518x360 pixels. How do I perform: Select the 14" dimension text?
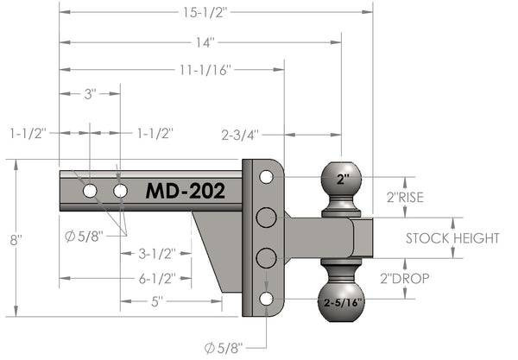coord(205,41)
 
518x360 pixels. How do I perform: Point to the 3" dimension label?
coord(90,94)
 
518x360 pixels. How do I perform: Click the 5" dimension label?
coord(157,302)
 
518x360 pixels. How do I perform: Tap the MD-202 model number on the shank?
coord(185,190)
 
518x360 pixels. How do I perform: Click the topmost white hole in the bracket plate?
coord(266,177)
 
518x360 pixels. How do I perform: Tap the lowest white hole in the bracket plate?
coord(266,298)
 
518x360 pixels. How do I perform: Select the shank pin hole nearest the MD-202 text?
coord(120,190)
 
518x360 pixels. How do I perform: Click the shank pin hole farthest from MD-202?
coord(90,190)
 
